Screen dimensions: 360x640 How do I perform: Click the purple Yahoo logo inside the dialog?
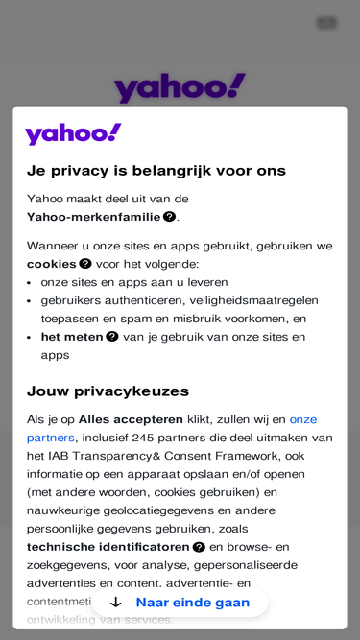[73, 133]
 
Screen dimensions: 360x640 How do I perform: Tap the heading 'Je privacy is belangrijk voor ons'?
[156, 171]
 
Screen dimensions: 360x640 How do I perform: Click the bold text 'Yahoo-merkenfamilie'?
[94, 217]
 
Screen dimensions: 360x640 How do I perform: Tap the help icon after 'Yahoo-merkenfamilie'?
[169, 217]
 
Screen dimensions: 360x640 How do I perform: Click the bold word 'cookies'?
[52, 264]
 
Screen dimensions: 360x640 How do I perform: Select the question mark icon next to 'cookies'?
[85, 264]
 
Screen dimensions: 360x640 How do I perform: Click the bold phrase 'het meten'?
[72, 337]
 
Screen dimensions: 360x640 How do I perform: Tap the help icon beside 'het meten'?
[112, 337]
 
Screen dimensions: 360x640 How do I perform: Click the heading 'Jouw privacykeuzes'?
[108, 391]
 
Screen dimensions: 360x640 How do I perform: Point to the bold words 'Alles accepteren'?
[131, 419]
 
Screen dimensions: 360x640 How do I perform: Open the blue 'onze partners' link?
[302, 419]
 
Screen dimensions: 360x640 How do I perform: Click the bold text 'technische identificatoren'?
[108, 547]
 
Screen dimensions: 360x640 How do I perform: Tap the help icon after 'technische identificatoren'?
[199, 547]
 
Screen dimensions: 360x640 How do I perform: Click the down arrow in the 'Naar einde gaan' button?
[116, 603]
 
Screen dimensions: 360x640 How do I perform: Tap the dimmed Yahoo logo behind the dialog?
[180, 87]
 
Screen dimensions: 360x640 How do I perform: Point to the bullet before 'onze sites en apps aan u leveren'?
[30, 283]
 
